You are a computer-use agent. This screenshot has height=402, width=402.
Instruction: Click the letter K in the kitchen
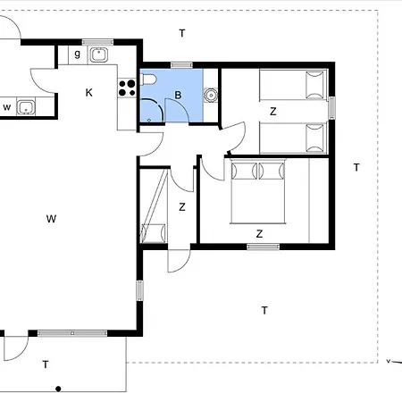point(88,93)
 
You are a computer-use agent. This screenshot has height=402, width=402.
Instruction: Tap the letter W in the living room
point(51,219)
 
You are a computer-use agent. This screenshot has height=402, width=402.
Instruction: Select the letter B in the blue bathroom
point(178,95)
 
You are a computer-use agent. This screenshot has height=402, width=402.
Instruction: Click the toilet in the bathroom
point(148,80)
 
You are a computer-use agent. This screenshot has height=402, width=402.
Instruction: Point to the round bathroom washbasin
point(211,96)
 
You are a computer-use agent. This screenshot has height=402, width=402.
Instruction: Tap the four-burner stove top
point(127,88)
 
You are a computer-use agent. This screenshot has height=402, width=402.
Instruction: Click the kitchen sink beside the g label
point(99,55)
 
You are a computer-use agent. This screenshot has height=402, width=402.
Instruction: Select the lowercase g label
point(78,54)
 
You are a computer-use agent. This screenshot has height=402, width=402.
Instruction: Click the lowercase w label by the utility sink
point(7,107)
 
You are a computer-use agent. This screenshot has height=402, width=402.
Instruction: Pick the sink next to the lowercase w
point(26,107)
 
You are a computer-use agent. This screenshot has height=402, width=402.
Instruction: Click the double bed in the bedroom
point(258,191)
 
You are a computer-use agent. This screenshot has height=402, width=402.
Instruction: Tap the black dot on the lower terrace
point(58,389)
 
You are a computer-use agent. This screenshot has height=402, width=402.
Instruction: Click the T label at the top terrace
point(182,33)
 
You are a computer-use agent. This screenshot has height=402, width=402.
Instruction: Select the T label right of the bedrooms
point(356,167)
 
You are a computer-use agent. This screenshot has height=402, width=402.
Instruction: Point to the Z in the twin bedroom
point(273,112)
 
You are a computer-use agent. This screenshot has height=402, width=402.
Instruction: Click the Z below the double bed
point(259,234)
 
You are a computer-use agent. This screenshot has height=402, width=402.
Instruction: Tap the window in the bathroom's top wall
point(181,64)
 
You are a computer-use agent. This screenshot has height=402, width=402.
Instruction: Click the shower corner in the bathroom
point(152,111)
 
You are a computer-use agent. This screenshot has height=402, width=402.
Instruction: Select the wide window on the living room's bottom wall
point(72,333)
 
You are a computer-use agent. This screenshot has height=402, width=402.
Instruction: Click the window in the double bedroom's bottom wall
point(264,247)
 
